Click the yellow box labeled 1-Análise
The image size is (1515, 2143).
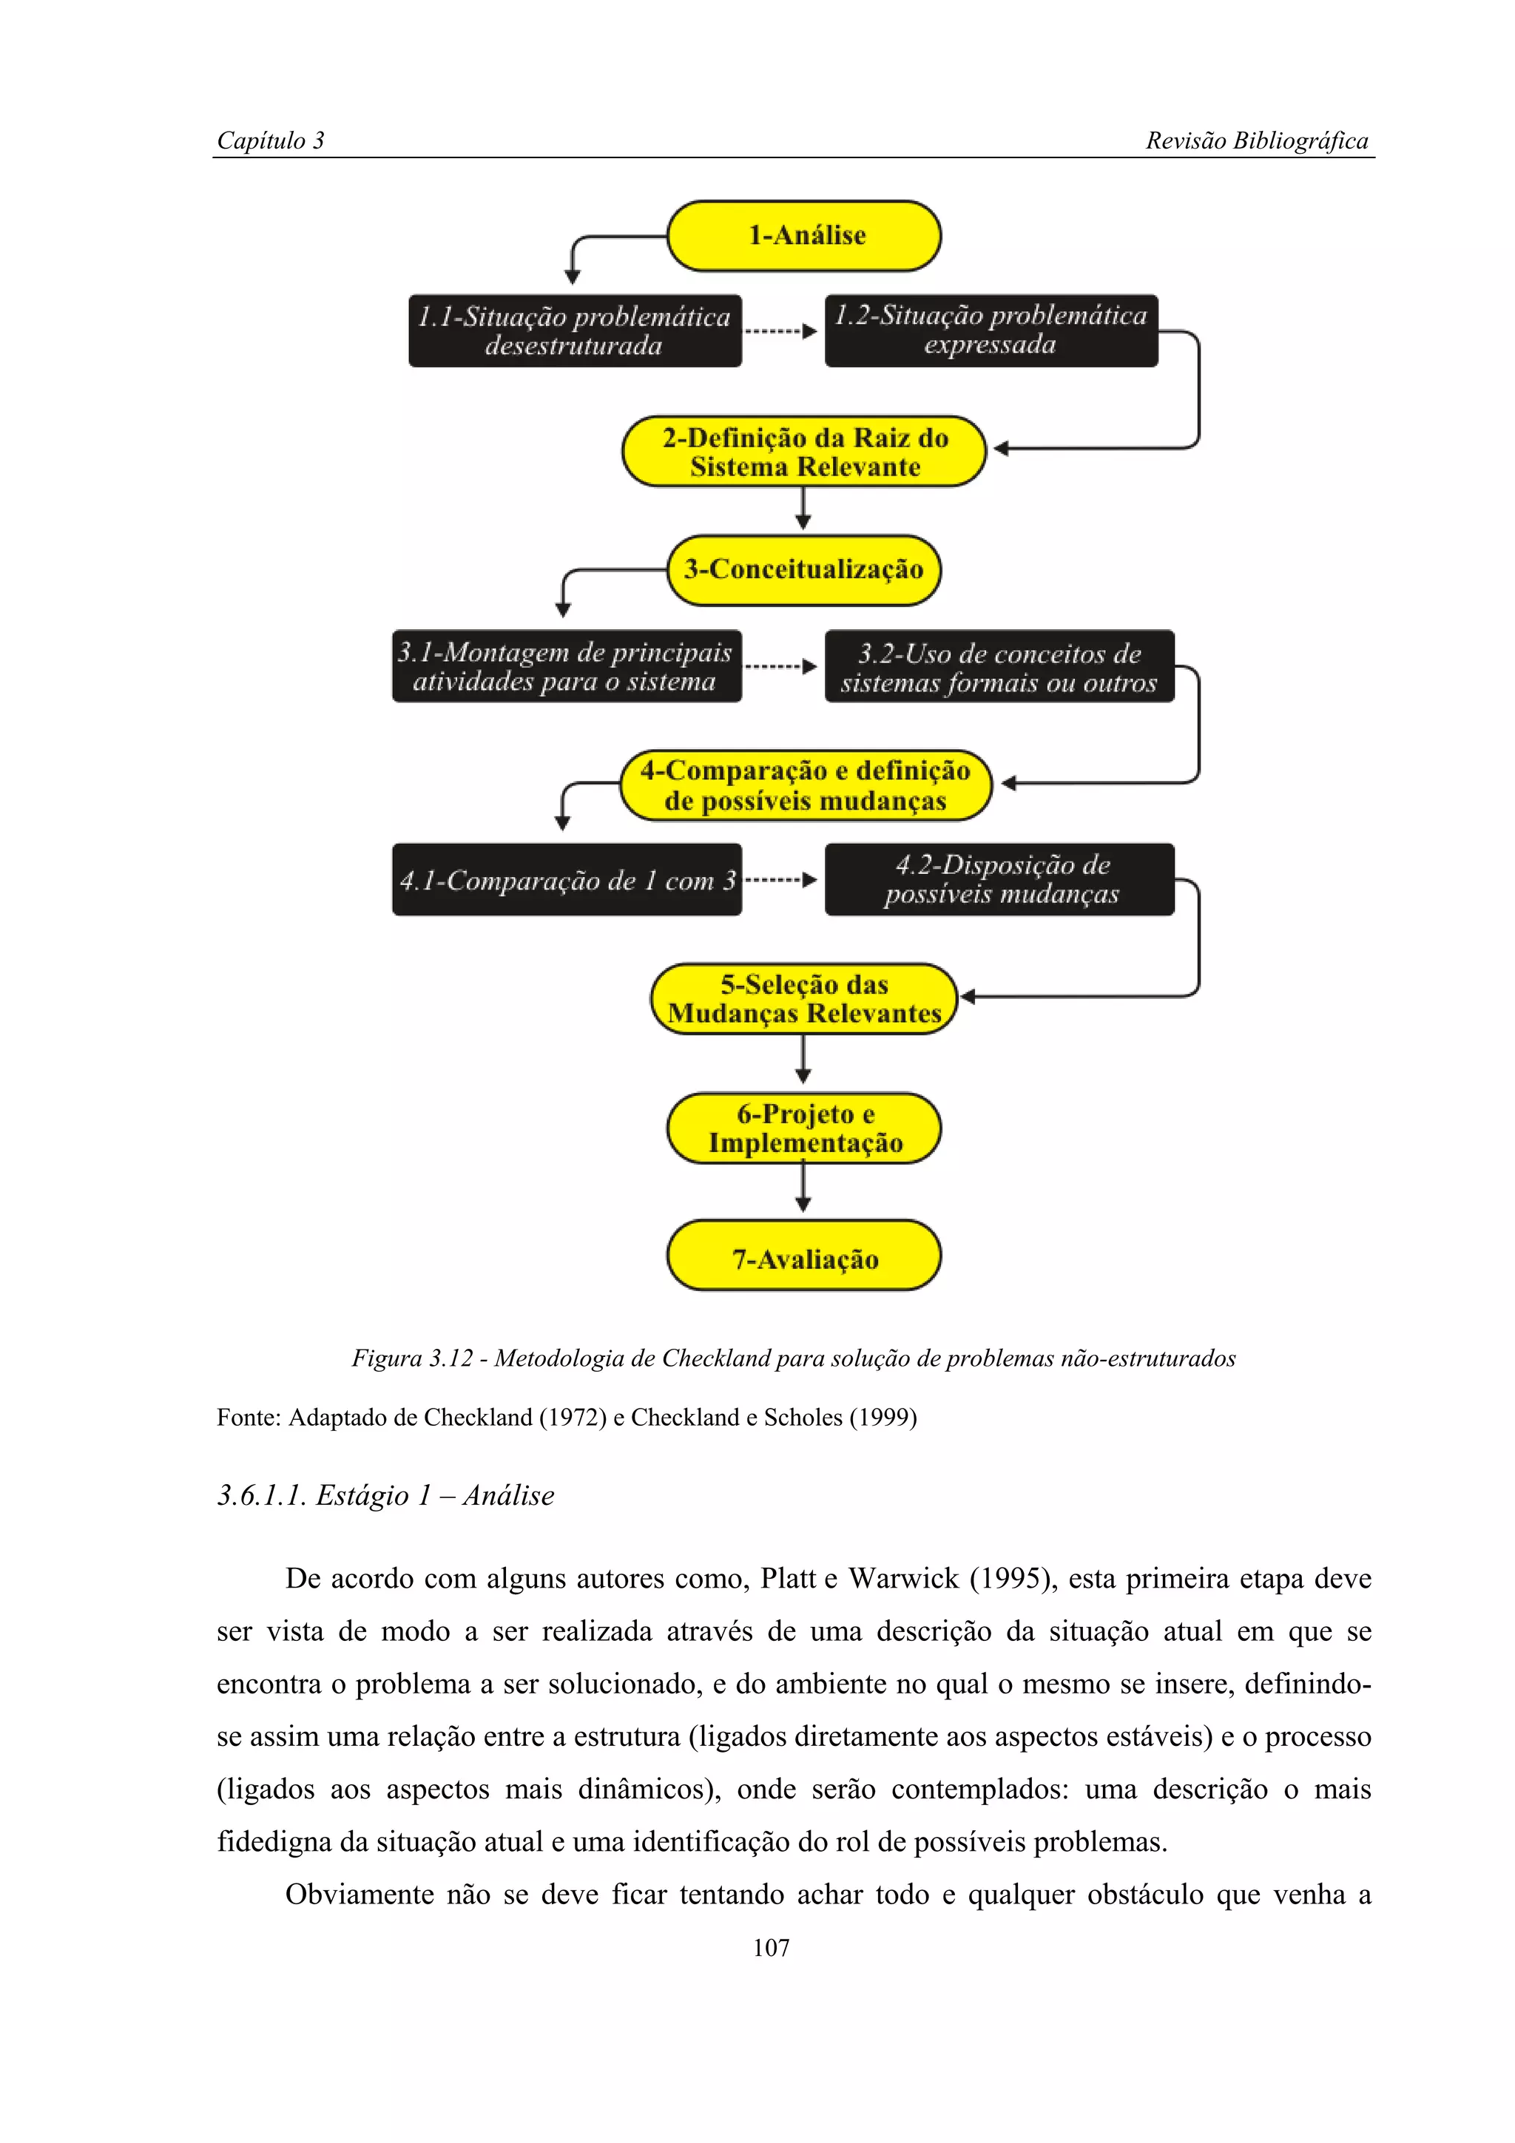[805, 236]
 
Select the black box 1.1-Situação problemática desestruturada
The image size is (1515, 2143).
[574, 331]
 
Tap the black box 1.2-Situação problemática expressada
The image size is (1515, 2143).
[991, 331]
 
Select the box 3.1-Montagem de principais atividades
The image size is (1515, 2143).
[566, 666]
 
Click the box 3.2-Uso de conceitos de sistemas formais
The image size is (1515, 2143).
[999, 667]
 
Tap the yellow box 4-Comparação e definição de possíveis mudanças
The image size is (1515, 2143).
[805, 785]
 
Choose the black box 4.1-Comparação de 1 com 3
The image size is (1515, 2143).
[567, 880]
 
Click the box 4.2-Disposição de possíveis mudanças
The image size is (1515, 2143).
[999, 879]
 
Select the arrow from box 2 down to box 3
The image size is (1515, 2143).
[803, 509]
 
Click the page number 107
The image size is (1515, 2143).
[771, 1948]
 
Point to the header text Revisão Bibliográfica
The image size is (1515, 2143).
[1256, 141]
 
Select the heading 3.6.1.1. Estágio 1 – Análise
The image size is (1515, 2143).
[385, 1495]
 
